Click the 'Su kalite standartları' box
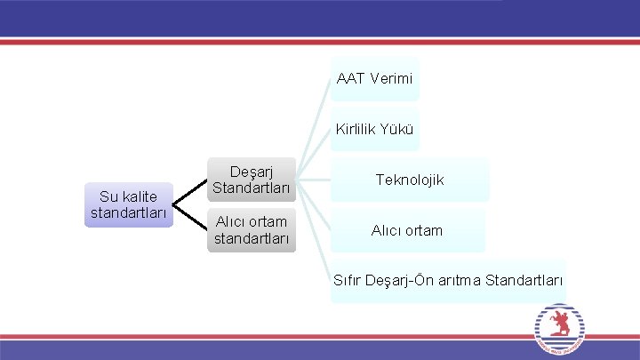click(x=129, y=205)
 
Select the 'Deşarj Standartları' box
click(x=251, y=180)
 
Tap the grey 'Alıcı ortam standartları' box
click(x=251, y=230)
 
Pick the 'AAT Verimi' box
click(x=374, y=79)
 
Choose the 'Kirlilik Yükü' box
click(x=374, y=130)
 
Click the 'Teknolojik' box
click(x=410, y=180)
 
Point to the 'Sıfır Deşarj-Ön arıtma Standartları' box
click(x=448, y=281)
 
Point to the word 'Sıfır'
click(x=348, y=281)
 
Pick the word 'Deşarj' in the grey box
click(x=251, y=171)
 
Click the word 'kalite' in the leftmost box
click(x=140, y=196)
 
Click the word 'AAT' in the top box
click(x=350, y=79)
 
